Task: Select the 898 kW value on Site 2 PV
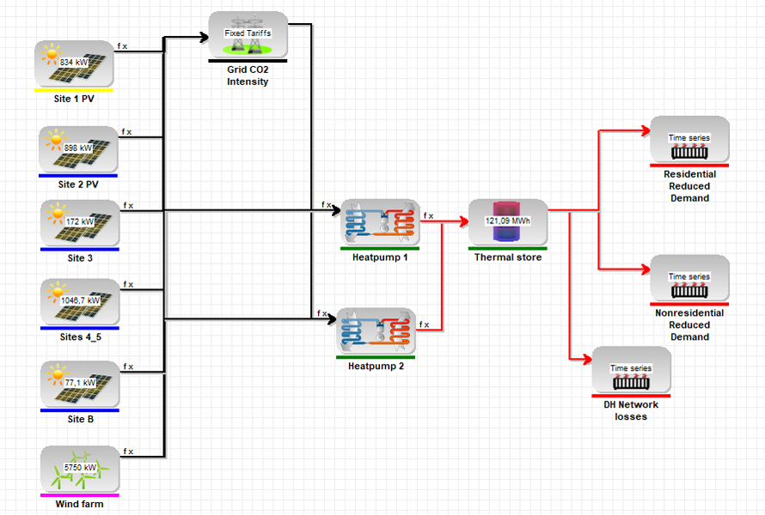[78, 148]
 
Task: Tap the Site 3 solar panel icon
[78, 222]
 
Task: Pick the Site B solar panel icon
[78, 383]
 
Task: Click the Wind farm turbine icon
[78, 469]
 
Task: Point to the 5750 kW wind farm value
[79, 467]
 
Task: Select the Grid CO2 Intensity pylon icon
[248, 35]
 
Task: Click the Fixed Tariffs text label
[248, 33]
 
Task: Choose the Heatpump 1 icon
[379, 223]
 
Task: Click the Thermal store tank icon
[507, 223]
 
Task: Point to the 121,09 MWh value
[507, 221]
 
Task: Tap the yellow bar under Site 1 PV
[74, 89]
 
